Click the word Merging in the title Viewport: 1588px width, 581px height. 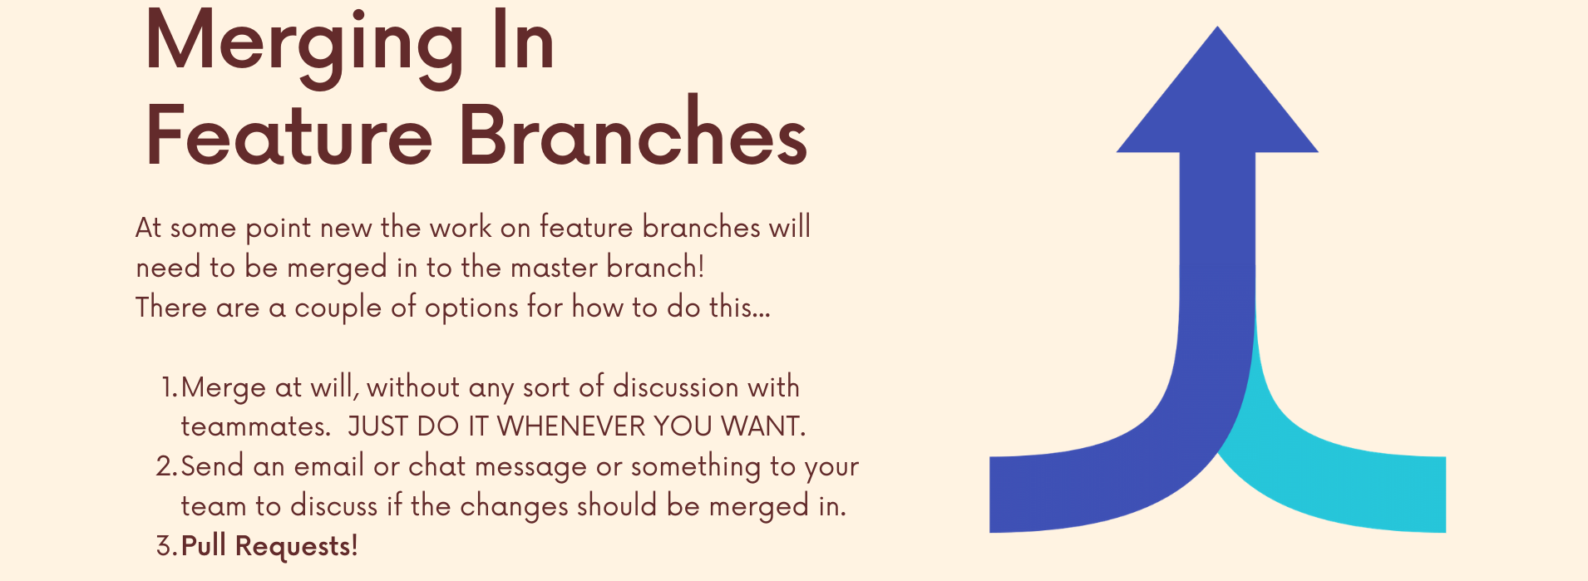click(303, 46)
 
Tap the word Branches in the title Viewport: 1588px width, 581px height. click(634, 133)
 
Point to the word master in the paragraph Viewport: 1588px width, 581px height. click(554, 268)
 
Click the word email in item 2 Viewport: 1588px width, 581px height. click(329, 466)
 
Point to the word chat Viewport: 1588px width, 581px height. click(437, 466)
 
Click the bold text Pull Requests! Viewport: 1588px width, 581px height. click(269, 546)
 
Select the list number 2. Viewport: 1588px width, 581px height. click(166, 466)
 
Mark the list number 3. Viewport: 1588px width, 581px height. click(166, 546)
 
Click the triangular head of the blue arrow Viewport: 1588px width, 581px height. click(1217, 100)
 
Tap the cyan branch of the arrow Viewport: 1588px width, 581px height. click(1347, 482)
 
